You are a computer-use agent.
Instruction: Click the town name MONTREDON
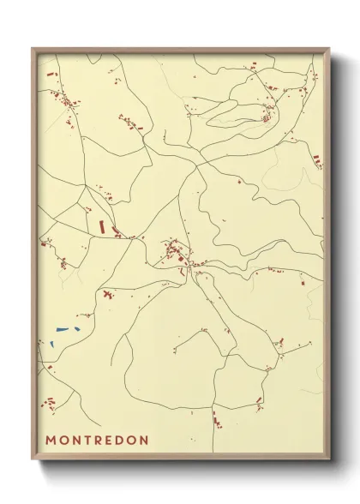tap(97, 441)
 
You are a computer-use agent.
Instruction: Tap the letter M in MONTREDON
tap(51, 441)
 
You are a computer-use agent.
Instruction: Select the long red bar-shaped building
tap(101, 227)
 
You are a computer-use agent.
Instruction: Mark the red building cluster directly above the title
tap(50, 403)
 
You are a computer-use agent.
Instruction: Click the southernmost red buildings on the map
tap(215, 420)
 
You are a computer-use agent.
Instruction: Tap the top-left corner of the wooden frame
tap(33, 48)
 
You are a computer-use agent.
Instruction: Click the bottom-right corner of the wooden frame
tap(330, 462)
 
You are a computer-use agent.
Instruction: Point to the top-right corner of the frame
tap(330, 48)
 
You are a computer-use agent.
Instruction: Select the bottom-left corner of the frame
tap(33, 462)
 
